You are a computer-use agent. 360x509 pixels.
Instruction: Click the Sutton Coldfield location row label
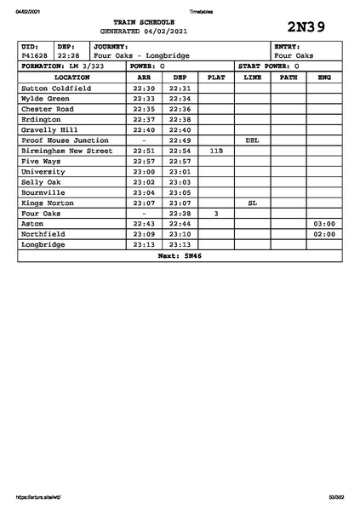tap(55, 88)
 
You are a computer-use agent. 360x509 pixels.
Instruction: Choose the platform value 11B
tap(216, 151)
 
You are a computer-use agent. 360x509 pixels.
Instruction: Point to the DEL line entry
tap(252, 140)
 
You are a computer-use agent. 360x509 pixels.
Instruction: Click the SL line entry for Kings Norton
tap(252, 203)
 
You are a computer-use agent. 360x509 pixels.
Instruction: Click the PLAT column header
tap(216, 77)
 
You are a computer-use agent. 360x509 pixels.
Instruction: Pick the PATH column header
tap(289, 77)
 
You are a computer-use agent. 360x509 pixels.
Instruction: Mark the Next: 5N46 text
tap(180, 255)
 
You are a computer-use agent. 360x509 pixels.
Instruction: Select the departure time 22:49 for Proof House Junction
tap(180, 140)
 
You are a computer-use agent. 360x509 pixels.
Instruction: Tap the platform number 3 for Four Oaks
tap(216, 214)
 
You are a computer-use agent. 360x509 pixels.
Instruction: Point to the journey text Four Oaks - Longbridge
tap(142, 55)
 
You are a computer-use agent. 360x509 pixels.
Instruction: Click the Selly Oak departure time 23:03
tap(180, 182)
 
